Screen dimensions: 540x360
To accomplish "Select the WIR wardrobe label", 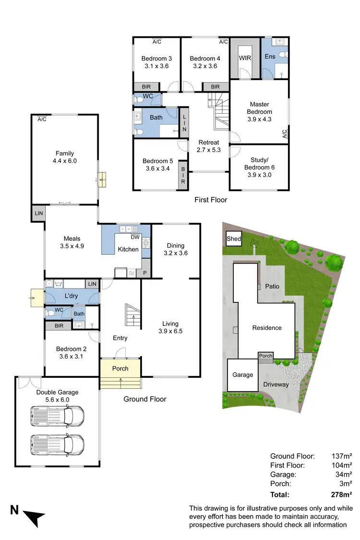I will pos(245,58).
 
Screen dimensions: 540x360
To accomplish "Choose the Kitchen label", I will pos(128,249).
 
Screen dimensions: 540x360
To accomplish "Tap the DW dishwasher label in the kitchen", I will pos(135,237).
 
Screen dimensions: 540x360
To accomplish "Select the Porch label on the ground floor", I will pos(120,369).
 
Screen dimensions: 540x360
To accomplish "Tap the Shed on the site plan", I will pos(234,239).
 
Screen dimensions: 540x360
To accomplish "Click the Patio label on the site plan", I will pos(272,286).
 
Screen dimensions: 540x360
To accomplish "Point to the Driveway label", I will pos(276,384).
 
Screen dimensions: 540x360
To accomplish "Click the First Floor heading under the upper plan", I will pos(211,200).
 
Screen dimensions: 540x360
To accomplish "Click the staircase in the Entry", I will pos(133,315).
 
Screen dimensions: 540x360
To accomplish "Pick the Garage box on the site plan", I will pos(243,375).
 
